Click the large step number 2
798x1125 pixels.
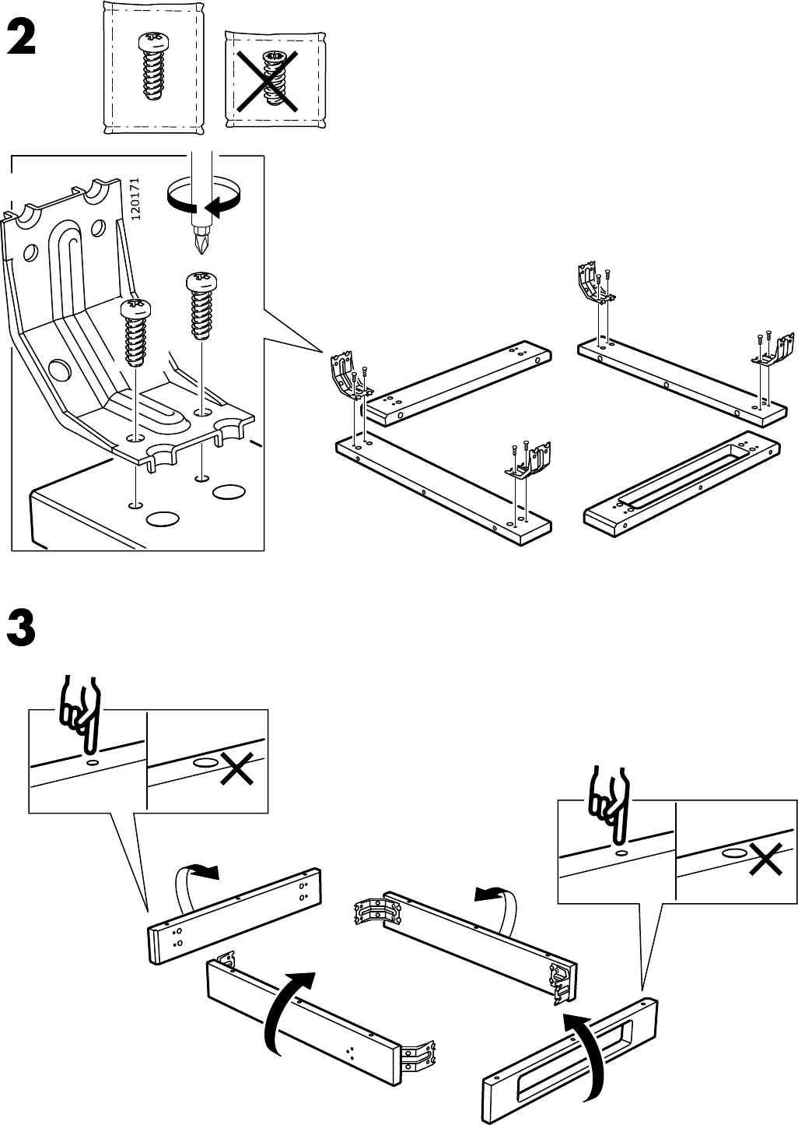coord(21,39)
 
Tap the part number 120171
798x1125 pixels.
coord(135,199)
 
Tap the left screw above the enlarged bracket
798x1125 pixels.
coord(134,332)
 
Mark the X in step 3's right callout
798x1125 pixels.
coord(765,860)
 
